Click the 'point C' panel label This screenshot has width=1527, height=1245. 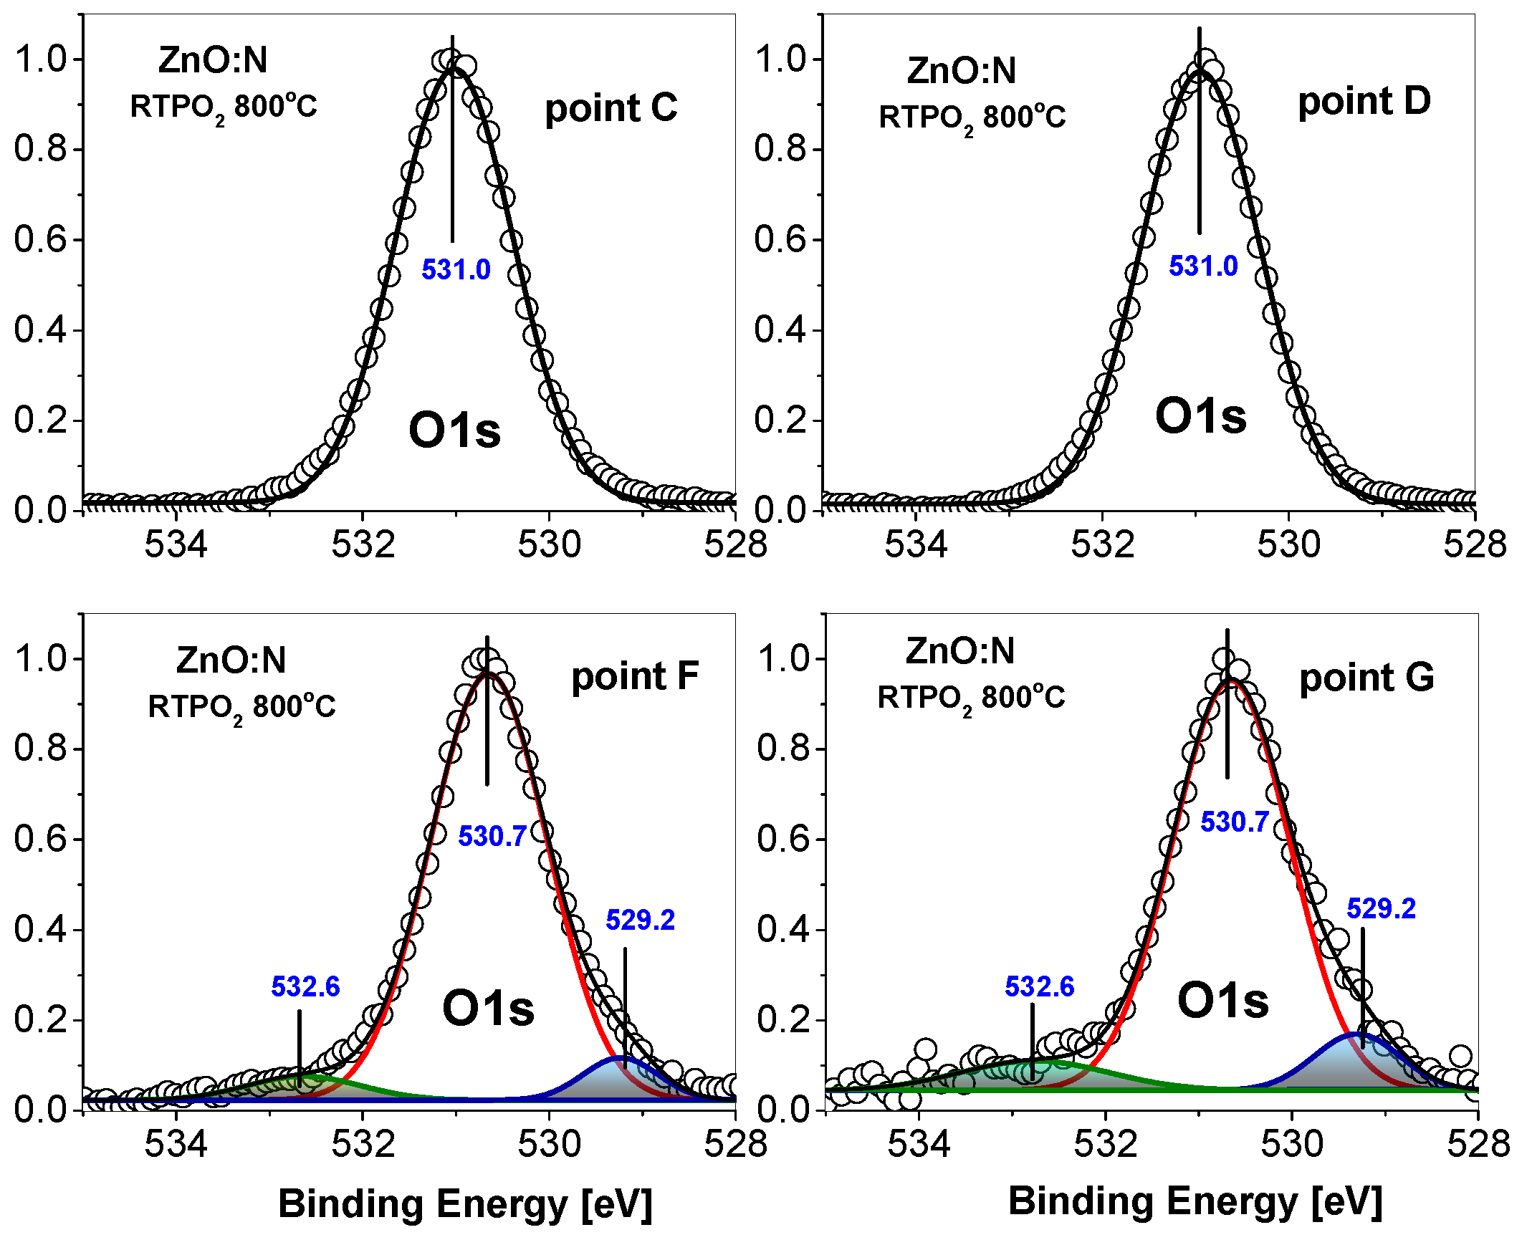click(611, 109)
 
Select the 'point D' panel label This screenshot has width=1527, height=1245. click(1364, 101)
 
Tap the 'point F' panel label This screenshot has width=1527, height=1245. click(634, 676)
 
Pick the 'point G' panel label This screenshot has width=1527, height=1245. click(1366, 678)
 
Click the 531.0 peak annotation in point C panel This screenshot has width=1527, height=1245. click(456, 270)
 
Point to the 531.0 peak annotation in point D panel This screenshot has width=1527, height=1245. click(1203, 266)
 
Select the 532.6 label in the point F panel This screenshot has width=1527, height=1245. click(305, 987)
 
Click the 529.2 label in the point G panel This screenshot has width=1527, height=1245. click(1381, 908)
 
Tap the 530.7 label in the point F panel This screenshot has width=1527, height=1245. click(492, 836)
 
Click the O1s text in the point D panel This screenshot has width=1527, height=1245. click(1200, 417)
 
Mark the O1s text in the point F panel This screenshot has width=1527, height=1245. click(488, 1009)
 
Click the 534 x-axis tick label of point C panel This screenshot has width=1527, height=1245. click(176, 544)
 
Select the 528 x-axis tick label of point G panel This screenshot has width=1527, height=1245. click(1478, 1144)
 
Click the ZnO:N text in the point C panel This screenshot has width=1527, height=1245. click(213, 59)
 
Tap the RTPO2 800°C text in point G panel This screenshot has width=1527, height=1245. click(971, 698)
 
